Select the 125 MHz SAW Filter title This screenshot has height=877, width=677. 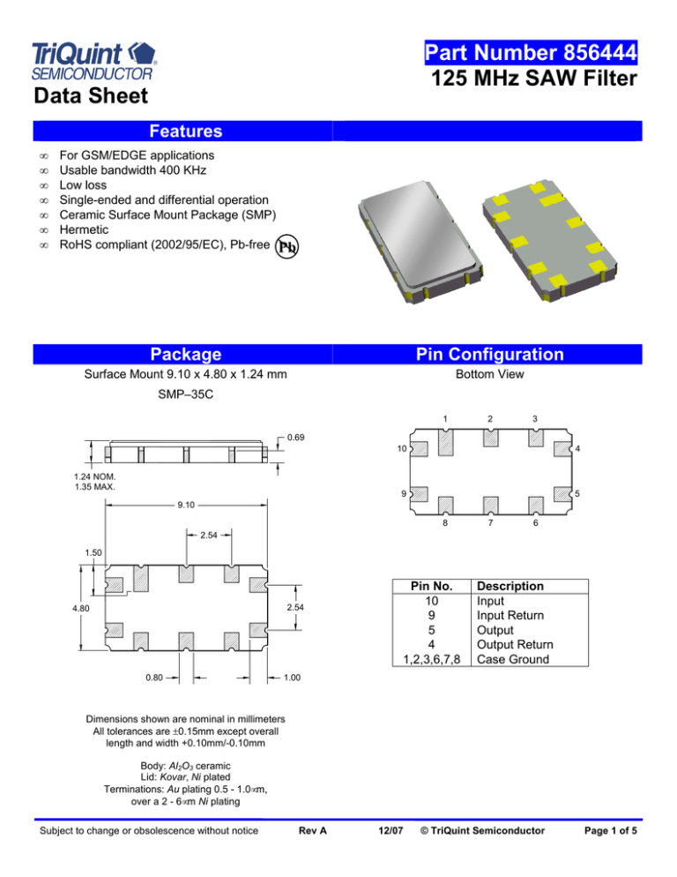coord(535,82)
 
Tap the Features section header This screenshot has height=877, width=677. coord(185,131)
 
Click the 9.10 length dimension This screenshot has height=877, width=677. coord(185,506)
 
